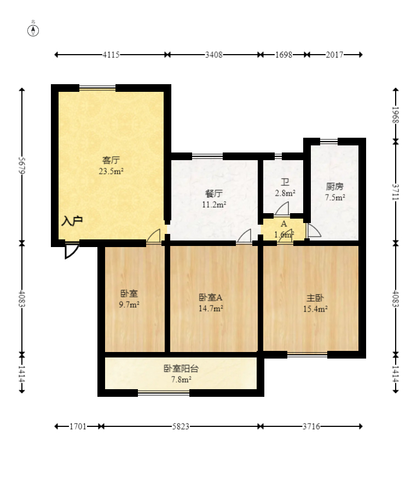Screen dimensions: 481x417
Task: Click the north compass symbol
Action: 33,30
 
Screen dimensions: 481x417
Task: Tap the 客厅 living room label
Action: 111,160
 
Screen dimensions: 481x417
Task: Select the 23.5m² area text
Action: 111,171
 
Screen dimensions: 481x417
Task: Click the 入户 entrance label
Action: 72,221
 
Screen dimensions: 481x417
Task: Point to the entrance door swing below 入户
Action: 71,250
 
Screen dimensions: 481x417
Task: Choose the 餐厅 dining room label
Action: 214,193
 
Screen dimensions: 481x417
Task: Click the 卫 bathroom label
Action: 285,183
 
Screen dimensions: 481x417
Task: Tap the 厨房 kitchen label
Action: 334,186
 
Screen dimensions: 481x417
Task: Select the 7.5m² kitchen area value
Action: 334,197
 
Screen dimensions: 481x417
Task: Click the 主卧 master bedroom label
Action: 315,298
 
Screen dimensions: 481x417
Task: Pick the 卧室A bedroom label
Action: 210,298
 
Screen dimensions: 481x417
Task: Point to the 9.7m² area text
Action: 129,304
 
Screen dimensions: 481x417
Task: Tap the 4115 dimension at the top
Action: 111,55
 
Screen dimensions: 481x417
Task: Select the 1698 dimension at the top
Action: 283,55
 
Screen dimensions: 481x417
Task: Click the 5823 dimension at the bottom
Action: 181,426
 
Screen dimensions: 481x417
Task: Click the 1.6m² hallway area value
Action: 283,234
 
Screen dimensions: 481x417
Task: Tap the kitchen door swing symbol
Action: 314,231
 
